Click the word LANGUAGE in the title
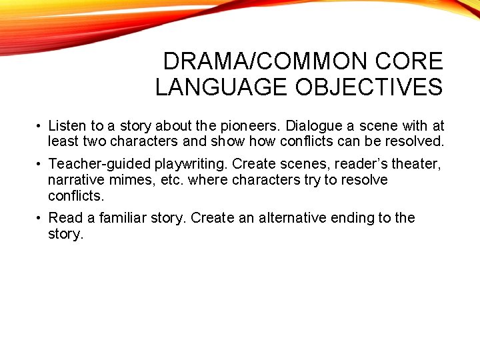(209, 87)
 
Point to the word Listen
(66, 126)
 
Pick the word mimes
(130, 180)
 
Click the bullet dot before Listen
(40, 127)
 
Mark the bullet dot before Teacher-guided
(40, 165)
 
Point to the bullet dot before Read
(40, 219)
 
